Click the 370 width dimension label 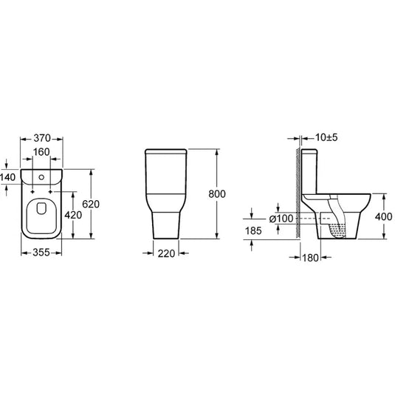tap(42, 138)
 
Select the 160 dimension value tap(41, 152)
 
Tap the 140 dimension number tap(8, 177)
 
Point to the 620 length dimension tap(91, 204)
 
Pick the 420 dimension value tap(73, 215)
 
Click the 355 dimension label tap(41, 253)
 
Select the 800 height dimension tap(217, 194)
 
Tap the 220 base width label tap(166, 254)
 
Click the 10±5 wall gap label tap(326, 137)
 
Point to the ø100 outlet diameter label tap(281, 219)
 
